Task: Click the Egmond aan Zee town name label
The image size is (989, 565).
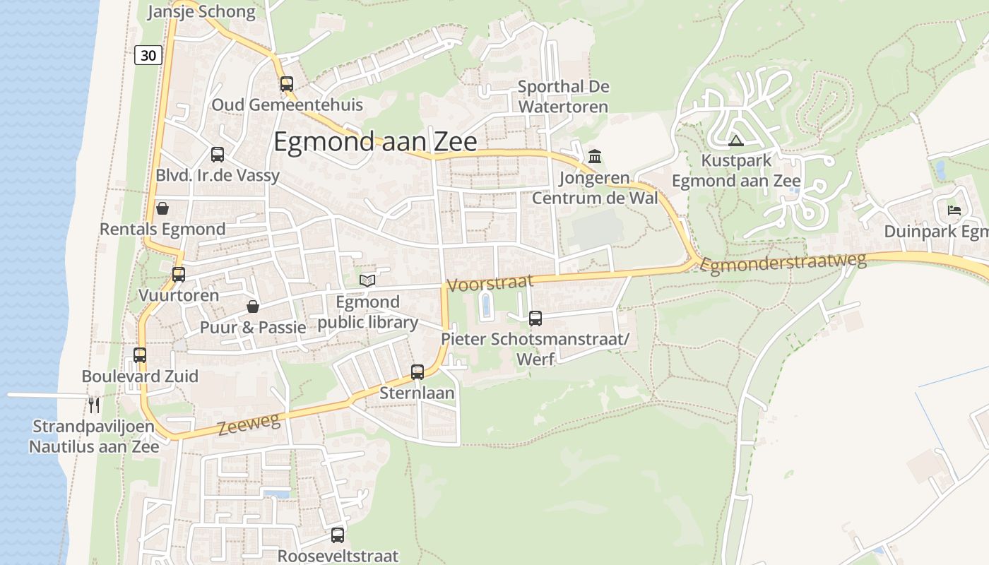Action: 375,142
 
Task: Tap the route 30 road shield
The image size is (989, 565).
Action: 148,55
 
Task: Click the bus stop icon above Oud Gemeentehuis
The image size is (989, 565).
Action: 286,84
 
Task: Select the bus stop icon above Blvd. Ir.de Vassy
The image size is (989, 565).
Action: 218,155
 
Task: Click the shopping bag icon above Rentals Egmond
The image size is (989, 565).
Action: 162,208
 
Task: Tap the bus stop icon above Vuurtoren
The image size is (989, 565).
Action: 179,275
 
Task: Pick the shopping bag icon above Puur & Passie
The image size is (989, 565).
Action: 252,307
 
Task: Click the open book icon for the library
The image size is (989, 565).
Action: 367,280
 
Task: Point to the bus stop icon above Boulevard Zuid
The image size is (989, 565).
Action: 140,355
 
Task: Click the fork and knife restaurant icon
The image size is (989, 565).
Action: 93,405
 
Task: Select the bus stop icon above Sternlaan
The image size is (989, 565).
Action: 417,372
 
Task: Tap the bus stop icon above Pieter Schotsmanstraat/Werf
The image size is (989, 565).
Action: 535,319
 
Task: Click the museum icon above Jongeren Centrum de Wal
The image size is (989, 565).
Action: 594,156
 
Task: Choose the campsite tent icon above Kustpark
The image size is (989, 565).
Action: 736,140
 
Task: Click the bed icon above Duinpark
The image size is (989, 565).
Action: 954,210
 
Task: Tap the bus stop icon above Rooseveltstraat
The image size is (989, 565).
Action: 338,535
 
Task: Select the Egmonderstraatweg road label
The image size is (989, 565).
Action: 783,263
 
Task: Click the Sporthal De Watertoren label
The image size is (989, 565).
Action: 563,97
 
